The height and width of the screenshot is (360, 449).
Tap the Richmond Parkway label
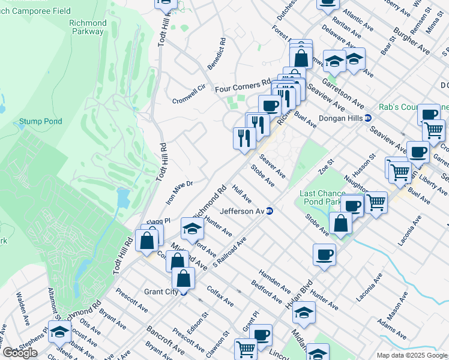[88, 28]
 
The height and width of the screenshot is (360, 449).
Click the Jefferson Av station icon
[270, 211]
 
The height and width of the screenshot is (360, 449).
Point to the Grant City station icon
[184, 292]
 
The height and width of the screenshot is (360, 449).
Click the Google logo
[19, 353]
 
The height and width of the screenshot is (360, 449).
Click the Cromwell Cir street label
[189, 92]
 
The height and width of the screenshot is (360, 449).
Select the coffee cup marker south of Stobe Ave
[324, 254]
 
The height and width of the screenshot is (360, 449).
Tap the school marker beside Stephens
[59, 332]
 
